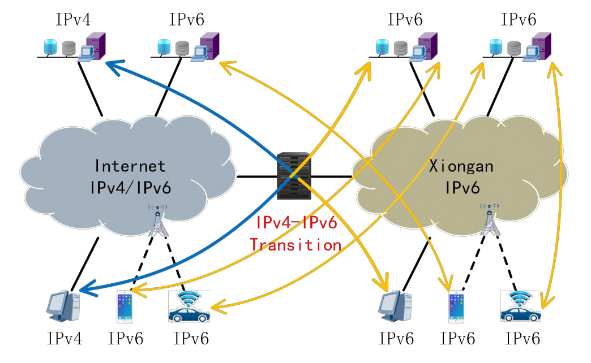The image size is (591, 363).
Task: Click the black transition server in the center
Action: [294, 176]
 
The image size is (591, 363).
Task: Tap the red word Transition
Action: [295, 245]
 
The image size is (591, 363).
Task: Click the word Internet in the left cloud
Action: [131, 166]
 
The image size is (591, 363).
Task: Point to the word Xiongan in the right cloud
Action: [461, 166]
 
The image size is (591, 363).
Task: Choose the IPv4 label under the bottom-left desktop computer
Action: [65, 339]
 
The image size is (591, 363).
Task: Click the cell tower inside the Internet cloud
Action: [157, 220]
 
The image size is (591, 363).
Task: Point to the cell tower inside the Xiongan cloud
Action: [490, 220]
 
